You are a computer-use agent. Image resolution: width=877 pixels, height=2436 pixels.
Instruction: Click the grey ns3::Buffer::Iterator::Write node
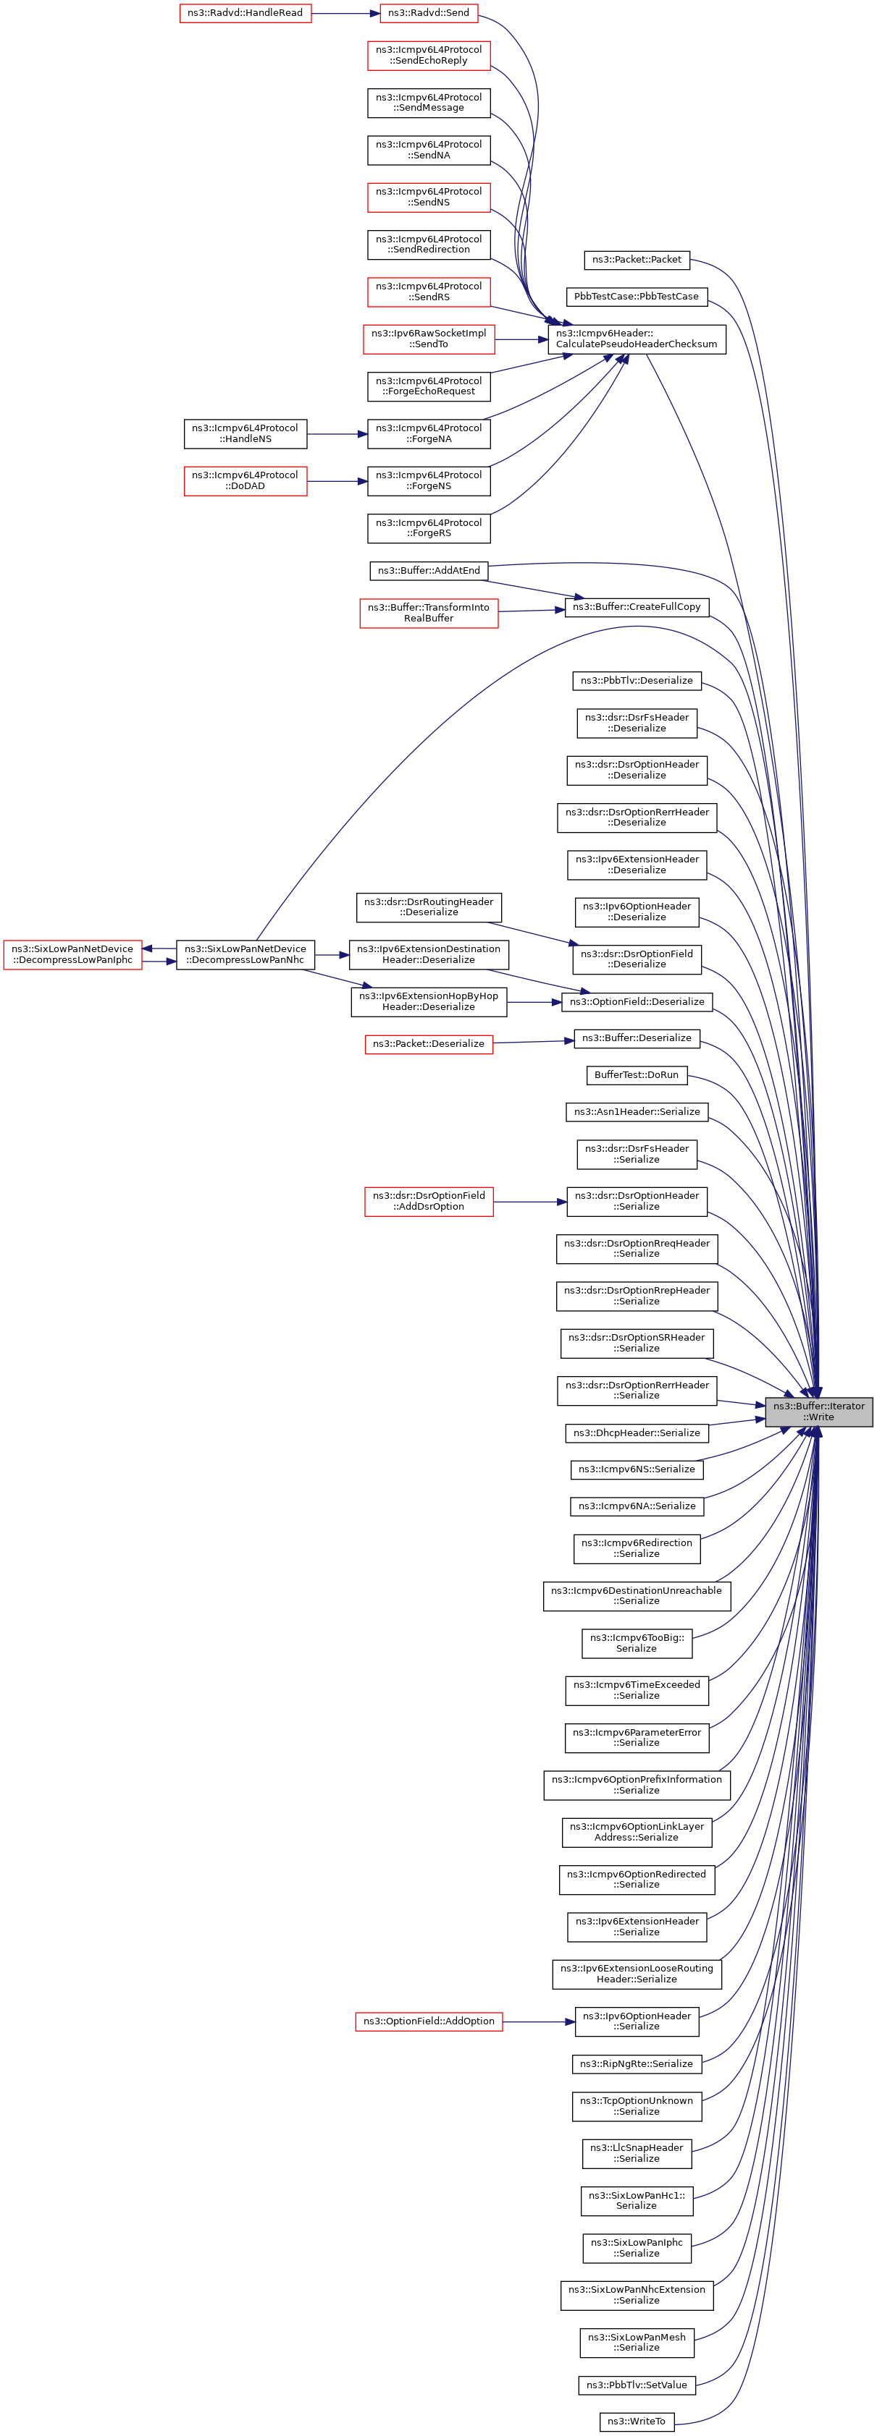818,1411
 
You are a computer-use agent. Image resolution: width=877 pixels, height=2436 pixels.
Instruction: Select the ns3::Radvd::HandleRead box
245,13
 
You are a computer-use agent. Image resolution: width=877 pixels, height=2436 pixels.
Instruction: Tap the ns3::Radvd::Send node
429,13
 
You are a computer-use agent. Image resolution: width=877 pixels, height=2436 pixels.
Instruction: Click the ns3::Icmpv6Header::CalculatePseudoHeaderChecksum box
637,339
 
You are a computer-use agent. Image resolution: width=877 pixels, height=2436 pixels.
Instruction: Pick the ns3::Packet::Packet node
637,259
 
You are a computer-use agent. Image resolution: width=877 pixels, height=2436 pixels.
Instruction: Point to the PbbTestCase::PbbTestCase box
636,296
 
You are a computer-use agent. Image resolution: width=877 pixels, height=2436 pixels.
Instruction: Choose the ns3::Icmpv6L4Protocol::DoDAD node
245,480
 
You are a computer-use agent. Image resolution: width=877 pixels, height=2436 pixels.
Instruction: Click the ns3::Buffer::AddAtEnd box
429,570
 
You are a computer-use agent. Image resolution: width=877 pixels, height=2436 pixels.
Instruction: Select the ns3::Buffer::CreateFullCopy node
637,606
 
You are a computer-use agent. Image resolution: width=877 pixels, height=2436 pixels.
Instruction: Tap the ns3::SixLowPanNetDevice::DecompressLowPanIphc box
73,954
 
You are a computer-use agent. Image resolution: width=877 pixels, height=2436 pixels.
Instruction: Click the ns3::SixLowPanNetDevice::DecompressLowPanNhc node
245,954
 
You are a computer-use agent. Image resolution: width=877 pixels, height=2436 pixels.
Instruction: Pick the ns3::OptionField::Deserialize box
637,1001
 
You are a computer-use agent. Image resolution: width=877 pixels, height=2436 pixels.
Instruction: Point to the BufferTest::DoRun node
637,1074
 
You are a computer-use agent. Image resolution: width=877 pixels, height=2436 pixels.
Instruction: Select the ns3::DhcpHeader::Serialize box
637,1433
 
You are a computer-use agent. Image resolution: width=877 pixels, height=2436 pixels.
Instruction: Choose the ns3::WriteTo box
637,2421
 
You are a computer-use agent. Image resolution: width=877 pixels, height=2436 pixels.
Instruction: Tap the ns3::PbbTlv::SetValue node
637,2384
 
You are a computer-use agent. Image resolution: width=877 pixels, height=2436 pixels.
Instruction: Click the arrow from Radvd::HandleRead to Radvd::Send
345,13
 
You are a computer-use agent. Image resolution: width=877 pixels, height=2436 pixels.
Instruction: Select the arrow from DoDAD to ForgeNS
337,481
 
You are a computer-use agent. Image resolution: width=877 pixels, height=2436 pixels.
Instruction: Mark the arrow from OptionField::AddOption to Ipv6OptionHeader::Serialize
538,2022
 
